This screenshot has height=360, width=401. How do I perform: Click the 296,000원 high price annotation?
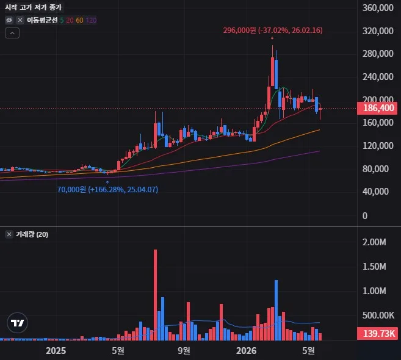point(273,31)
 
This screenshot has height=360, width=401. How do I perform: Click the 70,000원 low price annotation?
point(107,190)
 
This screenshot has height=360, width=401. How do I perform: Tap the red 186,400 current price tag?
point(377,108)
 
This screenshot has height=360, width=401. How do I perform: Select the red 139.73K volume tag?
point(377,333)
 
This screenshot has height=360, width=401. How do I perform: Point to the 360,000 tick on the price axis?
point(378,8)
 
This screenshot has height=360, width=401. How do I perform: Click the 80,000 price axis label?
point(375,169)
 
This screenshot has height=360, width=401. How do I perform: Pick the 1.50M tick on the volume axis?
point(374,267)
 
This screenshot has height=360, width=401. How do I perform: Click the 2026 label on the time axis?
point(246,350)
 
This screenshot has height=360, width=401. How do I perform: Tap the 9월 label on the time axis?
point(184,350)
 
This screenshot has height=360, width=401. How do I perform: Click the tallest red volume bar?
point(155,295)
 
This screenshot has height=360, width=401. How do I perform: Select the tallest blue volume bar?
point(276,310)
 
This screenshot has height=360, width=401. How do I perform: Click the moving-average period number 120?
point(91,20)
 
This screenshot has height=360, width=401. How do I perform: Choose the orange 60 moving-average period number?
point(79,20)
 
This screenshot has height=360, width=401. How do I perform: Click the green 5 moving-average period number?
point(62,20)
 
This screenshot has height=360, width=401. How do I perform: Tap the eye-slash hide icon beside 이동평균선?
point(9,20)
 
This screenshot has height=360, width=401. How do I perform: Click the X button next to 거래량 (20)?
point(9,234)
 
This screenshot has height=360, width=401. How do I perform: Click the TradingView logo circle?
point(17,323)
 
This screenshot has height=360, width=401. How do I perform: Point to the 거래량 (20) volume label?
point(32,234)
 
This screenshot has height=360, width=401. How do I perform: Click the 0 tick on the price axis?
point(365,216)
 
